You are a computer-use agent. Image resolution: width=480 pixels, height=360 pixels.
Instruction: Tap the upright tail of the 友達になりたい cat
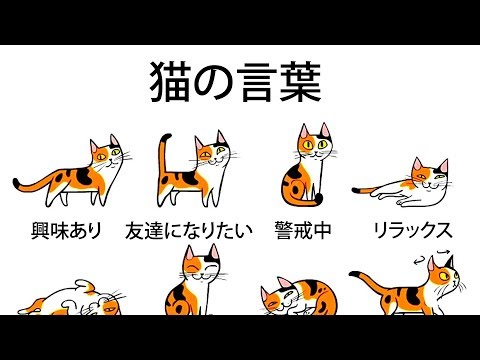162,160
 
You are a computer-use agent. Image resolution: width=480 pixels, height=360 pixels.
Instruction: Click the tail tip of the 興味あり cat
16,184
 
